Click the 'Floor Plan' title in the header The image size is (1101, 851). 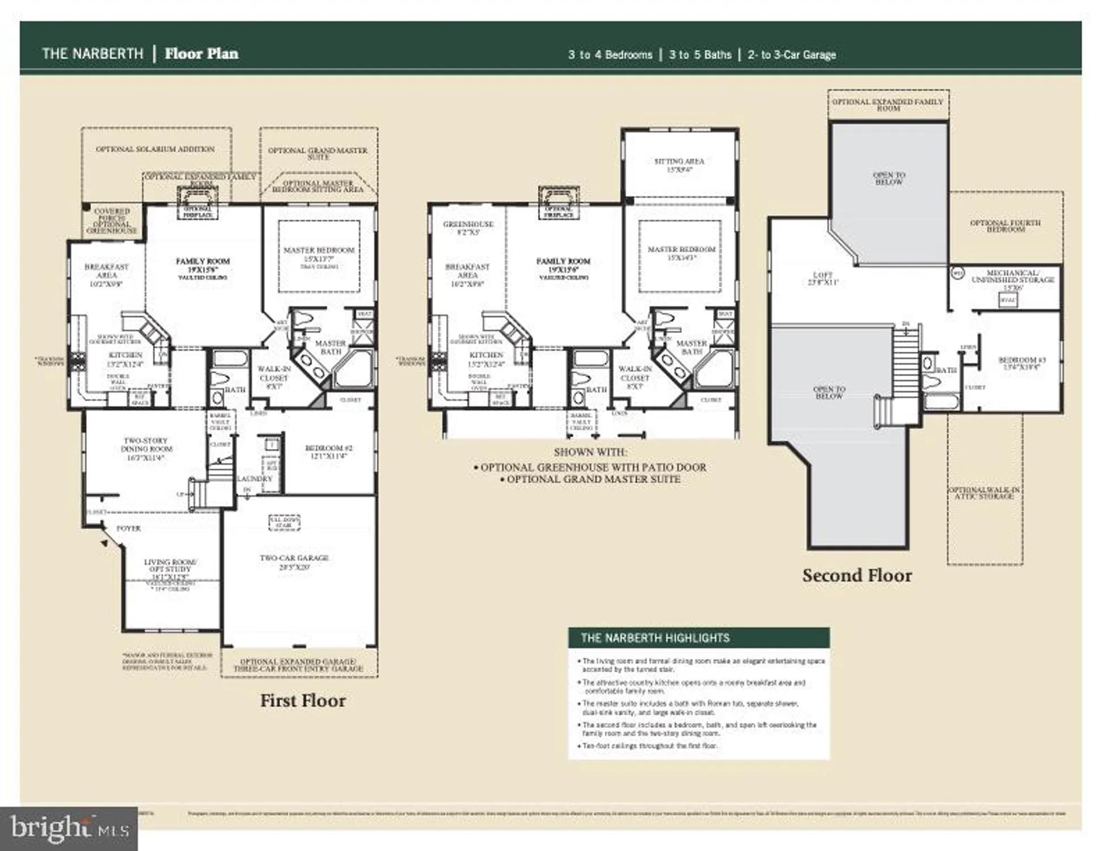pos(201,54)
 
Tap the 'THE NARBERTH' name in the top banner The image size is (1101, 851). pos(92,54)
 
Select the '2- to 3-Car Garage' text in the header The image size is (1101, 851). pos(791,55)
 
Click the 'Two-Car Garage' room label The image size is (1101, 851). pos(294,562)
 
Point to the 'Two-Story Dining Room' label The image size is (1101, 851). pos(146,448)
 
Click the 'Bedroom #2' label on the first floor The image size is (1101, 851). pos(328,451)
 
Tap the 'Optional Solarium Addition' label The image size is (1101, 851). pos(155,149)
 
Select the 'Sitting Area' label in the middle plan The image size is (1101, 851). pos(679,165)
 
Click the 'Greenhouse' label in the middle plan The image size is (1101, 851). pos(468,228)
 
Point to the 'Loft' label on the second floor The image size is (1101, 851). pos(822,278)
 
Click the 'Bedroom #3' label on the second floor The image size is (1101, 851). pos(1022,363)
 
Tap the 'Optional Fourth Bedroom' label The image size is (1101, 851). pos(1005,226)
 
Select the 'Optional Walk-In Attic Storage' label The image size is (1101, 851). pos(984,492)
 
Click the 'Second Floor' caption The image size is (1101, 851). pos(857,575)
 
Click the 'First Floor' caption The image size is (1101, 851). pos(302,701)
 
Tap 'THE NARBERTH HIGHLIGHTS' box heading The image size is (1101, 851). pos(655,638)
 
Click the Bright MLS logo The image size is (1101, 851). pos(68,828)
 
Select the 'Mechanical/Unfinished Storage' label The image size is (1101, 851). pos(1013,276)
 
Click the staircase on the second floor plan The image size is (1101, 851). pos(905,363)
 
